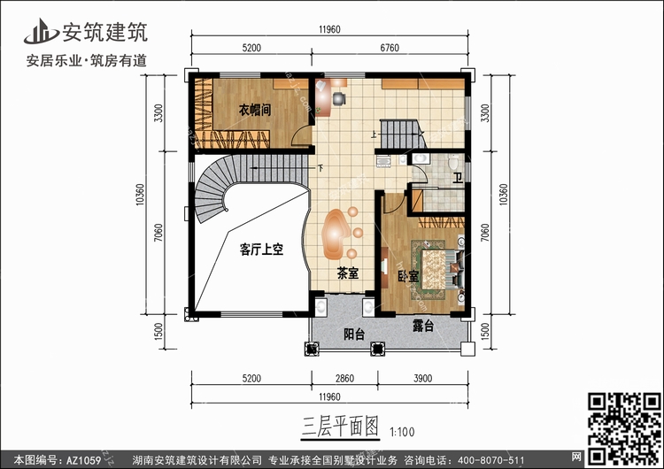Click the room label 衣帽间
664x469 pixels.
pyautogui.click(x=254, y=111)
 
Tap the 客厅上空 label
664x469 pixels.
pyautogui.click(x=260, y=250)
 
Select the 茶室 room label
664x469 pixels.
pyautogui.click(x=347, y=274)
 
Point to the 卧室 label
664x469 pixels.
pyautogui.click(x=408, y=275)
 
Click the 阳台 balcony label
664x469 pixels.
pyautogui.click(x=354, y=334)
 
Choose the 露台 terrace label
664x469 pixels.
pyautogui.click(x=422, y=327)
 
